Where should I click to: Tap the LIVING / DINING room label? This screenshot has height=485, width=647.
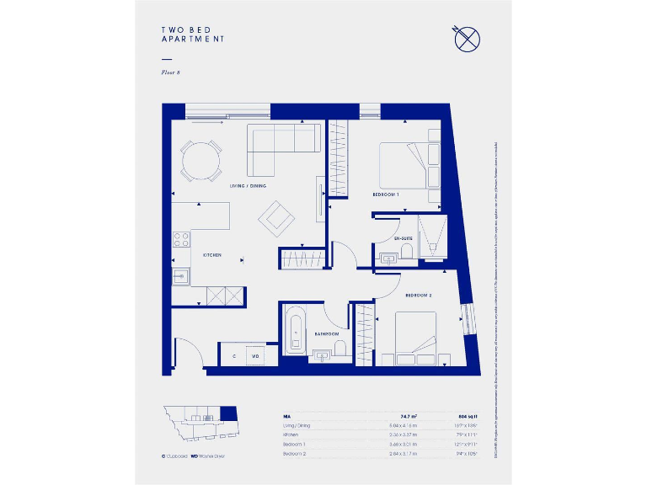coord(248,185)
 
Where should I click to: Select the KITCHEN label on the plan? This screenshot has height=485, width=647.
coord(211,254)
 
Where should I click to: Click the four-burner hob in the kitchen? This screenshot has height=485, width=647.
coord(180,239)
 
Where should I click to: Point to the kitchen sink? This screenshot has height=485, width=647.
coord(180,275)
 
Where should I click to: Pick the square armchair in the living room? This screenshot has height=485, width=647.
coord(276,218)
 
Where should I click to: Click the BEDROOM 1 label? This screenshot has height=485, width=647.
coord(386,195)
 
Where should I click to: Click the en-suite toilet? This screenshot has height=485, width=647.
coord(406,250)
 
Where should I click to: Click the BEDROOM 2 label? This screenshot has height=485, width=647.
coord(418,296)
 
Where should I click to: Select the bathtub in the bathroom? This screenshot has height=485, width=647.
coord(296,331)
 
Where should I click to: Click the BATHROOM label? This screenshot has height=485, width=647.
coord(326,334)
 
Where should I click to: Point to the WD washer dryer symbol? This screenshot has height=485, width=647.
coord(254,356)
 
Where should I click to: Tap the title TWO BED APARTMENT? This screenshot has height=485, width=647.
coord(193,35)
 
